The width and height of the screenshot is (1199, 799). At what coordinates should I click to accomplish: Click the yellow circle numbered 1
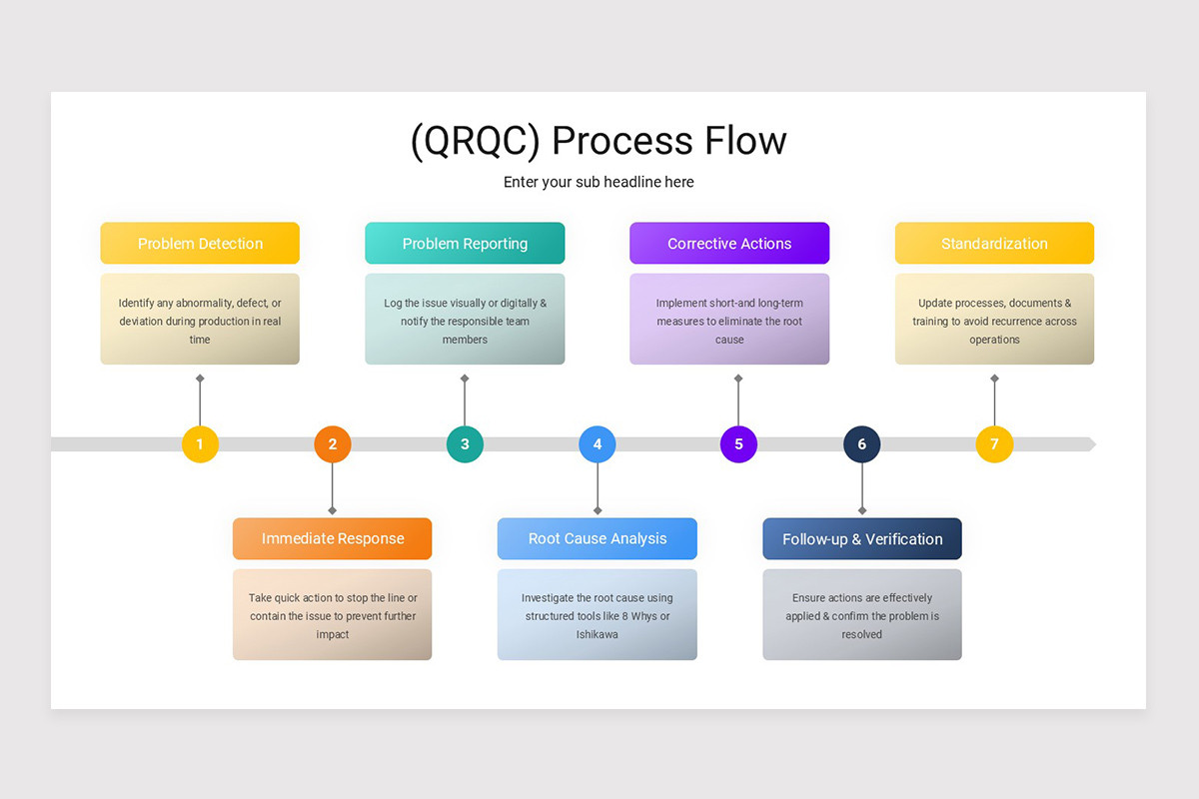click(x=200, y=444)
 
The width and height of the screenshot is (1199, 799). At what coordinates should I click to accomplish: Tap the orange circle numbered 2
click(x=333, y=444)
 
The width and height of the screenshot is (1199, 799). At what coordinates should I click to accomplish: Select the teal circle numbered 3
click(x=465, y=444)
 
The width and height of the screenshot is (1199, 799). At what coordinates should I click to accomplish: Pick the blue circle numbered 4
click(x=598, y=444)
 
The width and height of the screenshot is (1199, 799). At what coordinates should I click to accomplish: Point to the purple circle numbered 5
click(x=738, y=444)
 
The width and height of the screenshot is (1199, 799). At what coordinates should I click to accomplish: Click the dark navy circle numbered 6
click(x=862, y=444)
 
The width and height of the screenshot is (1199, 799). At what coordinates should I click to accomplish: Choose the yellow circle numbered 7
click(x=994, y=444)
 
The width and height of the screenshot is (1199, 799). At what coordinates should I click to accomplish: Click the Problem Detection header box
click(x=200, y=244)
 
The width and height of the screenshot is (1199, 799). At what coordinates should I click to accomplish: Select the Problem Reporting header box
click(x=465, y=244)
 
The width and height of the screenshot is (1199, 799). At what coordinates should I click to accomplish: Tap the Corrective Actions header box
click(x=729, y=244)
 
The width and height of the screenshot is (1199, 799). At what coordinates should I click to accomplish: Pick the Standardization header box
click(x=994, y=244)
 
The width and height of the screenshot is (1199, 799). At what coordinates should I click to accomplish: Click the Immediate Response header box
click(x=333, y=539)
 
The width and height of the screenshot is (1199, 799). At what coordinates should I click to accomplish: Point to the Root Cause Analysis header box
click(x=598, y=539)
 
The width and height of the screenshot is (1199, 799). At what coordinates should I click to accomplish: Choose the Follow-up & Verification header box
click(x=862, y=539)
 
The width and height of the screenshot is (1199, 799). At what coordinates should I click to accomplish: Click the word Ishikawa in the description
click(x=598, y=634)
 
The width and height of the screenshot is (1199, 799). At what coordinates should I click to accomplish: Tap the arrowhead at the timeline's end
click(x=1091, y=444)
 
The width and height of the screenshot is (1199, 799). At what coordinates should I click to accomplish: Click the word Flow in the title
click(x=742, y=141)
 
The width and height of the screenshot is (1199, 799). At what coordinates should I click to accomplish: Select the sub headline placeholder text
click(x=599, y=182)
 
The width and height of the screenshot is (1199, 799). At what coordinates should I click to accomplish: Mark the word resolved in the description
click(x=862, y=634)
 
